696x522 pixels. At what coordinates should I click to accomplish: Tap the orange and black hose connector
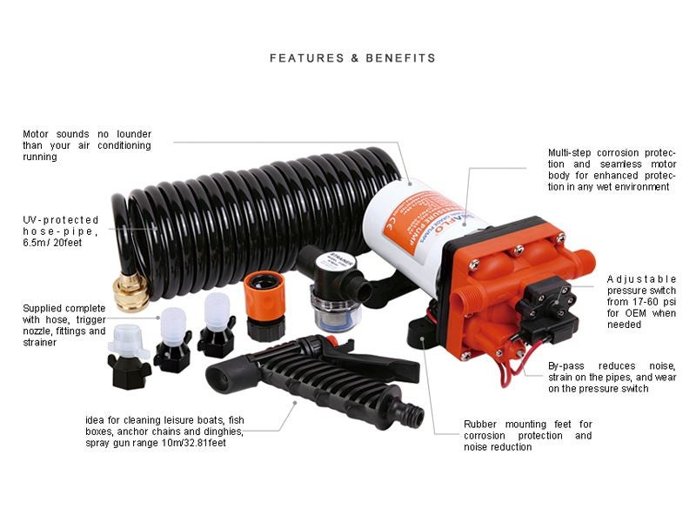265,305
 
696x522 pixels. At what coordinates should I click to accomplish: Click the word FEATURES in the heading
307,58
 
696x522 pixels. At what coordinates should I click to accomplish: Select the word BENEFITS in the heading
400,58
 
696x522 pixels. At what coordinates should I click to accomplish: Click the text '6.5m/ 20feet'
52,243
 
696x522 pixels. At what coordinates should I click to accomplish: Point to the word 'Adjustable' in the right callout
641,279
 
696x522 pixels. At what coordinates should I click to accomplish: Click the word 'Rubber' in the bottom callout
480,425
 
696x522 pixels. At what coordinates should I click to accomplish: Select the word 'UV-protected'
61,220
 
